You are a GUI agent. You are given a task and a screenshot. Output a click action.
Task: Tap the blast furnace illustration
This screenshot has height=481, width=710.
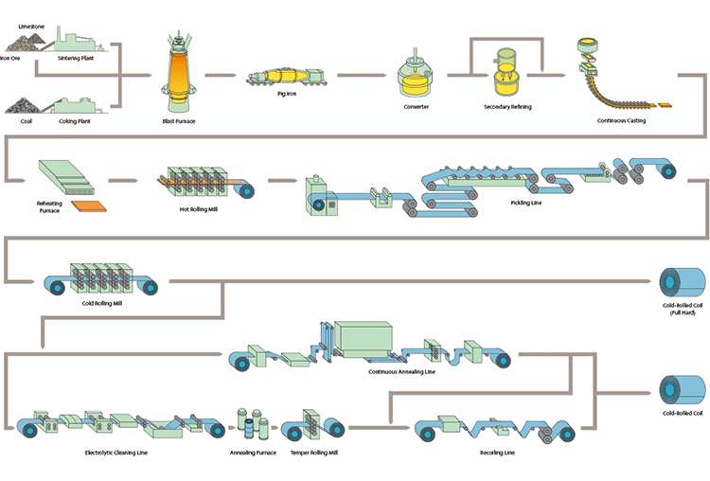pyautogui.click(x=178, y=71)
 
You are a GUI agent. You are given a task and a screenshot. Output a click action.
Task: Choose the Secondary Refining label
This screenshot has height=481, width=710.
pyautogui.click(x=507, y=107)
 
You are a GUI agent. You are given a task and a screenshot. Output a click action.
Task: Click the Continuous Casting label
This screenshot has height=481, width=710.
pyautogui.click(x=622, y=120)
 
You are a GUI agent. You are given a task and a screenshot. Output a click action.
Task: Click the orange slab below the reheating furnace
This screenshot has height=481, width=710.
pyautogui.click(x=89, y=203)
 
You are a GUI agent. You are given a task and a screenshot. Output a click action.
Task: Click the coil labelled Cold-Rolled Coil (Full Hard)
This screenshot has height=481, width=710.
pyautogui.click(x=682, y=282)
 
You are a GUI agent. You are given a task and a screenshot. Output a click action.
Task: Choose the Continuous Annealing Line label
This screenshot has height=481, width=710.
pyautogui.click(x=402, y=371)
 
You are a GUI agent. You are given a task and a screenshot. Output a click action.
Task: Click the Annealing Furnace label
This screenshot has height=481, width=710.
pyautogui.click(x=251, y=452)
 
